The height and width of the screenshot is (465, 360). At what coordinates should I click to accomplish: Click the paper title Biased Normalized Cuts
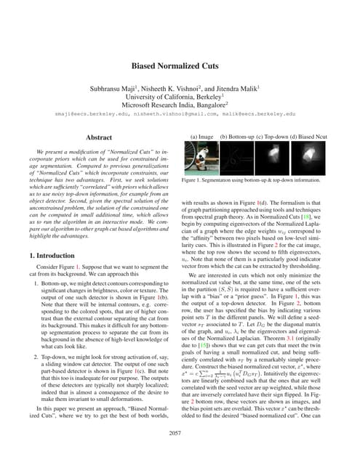click(180, 65)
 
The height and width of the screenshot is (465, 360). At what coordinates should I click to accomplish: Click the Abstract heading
click(99, 137)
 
